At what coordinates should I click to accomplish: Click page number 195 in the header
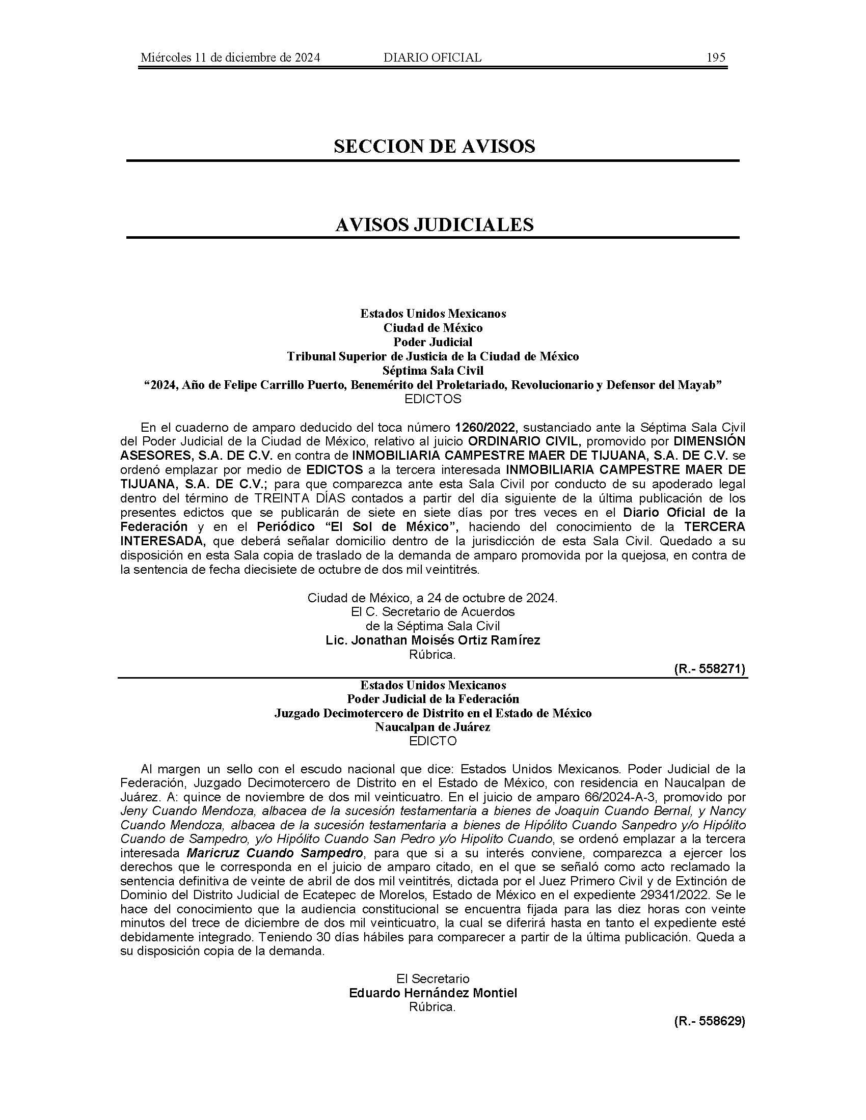pyautogui.click(x=716, y=58)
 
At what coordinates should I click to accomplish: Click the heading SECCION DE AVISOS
pyautogui.click(x=434, y=147)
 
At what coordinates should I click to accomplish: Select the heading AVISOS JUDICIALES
pyautogui.click(x=434, y=225)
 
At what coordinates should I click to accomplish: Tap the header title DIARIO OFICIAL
pyautogui.click(x=432, y=58)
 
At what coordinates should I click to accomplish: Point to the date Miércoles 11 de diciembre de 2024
pyautogui.click(x=230, y=58)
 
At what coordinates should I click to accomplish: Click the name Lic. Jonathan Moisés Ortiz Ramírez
pyautogui.click(x=433, y=640)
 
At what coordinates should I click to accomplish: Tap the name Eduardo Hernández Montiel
pyautogui.click(x=433, y=993)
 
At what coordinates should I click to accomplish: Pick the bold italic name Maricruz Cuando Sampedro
pyautogui.click(x=275, y=853)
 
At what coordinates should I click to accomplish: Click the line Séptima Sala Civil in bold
pyautogui.click(x=433, y=370)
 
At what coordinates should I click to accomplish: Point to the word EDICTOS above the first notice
pyautogui.click(x=433, y=399)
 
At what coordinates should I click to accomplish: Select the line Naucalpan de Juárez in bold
pyautogui.click(x=432, y=726)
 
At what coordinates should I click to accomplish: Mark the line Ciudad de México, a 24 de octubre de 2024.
pyautogui.click(x=432, y=598)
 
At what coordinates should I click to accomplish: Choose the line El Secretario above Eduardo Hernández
pyautogui.click(x=432, y=978)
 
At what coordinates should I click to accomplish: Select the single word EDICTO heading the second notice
pyautogui.click(x=432, y=741)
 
